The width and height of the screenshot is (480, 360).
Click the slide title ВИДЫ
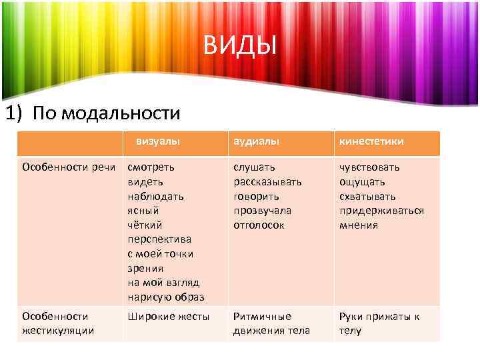239,47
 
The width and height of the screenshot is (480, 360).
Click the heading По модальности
93,113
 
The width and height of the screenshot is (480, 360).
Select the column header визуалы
159,141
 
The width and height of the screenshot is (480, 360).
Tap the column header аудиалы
257,142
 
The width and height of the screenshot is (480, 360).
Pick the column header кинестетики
371,142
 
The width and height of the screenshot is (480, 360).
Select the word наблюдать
156,196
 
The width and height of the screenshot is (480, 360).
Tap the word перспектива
159,239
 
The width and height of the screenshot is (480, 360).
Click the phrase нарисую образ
166,297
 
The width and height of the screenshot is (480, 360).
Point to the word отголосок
259,225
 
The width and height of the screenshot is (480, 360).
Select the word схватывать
367,196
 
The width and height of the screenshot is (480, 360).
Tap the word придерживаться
381,211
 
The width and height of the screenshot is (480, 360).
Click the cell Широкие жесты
169,317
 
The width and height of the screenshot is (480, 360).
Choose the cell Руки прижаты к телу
379,323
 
